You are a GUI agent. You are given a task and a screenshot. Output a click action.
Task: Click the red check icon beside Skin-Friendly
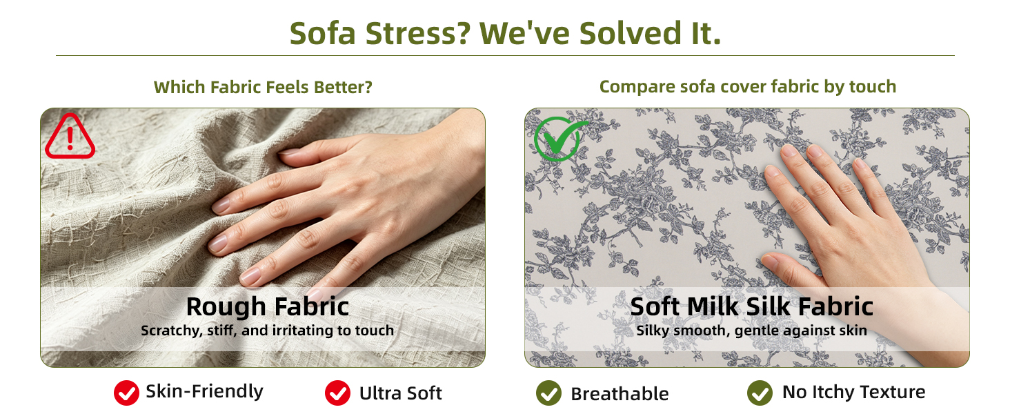coord(126,393)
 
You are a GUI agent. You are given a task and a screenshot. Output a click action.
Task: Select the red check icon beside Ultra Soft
coord(338,393)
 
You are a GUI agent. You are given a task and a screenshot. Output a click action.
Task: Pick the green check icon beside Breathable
coord(548,393)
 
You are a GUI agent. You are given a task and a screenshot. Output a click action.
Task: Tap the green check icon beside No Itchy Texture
coord(760,393)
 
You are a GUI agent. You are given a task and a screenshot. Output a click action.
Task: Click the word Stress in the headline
coord(418,33)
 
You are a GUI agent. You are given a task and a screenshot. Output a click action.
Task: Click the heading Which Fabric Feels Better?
coord(263,87)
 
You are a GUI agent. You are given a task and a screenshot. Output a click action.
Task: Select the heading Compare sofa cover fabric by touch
coord(748,86)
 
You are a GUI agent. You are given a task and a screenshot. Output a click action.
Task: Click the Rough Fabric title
coord(268,306)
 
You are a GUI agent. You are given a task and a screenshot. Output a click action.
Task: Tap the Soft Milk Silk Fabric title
coord(752,306)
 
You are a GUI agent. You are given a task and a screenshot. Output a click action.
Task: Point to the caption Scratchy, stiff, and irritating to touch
coord(268,331)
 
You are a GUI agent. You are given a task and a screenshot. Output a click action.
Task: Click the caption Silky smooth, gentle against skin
coord(752,331)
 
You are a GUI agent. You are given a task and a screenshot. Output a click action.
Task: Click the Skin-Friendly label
coord(204,391)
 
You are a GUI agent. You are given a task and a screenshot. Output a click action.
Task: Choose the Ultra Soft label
coord(400,393)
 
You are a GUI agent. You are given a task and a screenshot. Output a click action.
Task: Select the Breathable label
coord(620,394)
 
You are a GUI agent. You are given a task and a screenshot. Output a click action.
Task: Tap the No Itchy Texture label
coord(853,392)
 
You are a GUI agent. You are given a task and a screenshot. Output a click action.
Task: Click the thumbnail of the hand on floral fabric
coord(747,237)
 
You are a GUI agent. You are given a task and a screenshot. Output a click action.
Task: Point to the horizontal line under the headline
coord(505,55)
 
